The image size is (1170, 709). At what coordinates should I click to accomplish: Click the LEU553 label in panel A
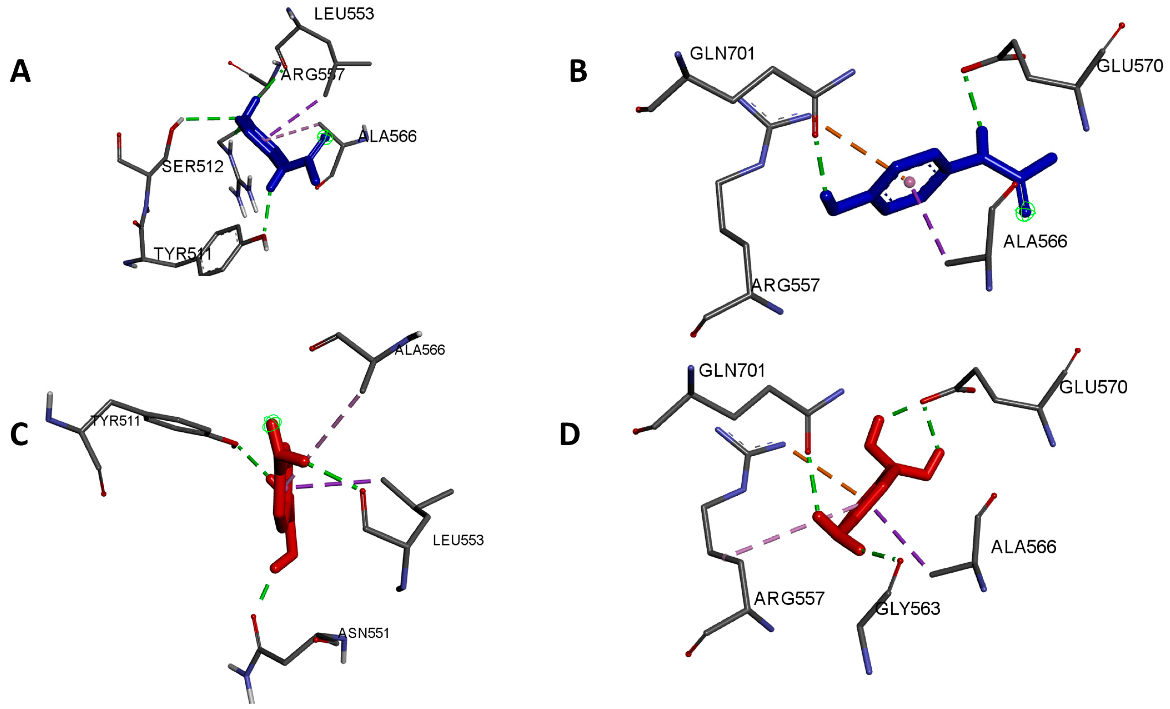pyautogui.click(x=344, y=14)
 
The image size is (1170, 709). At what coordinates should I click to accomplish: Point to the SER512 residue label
pyautogui.click(x=192, y=166)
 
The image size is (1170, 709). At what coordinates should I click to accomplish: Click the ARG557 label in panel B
pyautogui.click(x=786, y=285)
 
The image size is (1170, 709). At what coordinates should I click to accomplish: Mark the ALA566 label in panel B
pyautogui.click(x=1035, y=242)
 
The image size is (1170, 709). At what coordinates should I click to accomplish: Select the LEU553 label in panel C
pyautogui.click(x=458, y=540)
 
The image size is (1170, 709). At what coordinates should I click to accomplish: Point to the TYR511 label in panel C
pyautogui.click(x=115, y=421)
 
